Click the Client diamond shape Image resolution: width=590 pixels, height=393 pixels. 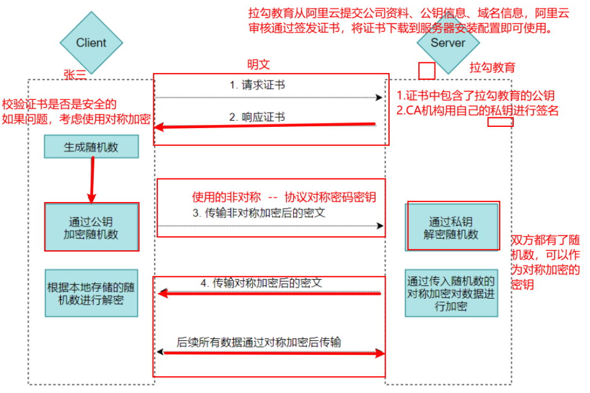91,43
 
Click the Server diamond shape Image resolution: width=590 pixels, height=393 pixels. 447,43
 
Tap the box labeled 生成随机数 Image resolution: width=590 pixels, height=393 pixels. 91,147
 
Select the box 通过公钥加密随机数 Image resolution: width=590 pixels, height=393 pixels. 91,227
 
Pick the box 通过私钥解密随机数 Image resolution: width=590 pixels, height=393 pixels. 451,227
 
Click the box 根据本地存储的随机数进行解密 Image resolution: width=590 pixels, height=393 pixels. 91,293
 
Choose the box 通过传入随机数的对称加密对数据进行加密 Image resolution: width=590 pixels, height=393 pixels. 451,293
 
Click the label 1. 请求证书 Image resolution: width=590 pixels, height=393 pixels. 257,85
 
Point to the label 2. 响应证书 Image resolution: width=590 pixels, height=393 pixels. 257,117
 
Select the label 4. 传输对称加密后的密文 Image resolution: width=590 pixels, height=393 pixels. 261,283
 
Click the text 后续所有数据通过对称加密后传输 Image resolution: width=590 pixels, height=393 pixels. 259,341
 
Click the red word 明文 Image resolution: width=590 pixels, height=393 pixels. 259,65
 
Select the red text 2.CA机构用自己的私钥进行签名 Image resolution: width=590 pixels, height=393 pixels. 477,110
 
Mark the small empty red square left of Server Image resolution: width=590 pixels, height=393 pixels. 427,71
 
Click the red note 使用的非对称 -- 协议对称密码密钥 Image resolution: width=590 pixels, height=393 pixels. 284,198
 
